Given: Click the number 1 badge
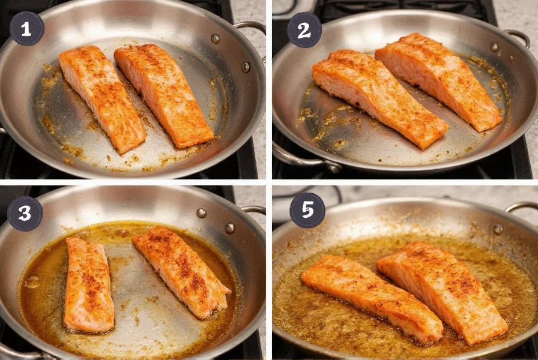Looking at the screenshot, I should pyautogui.click(x=27, y=28).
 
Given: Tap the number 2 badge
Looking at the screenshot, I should pyautogui.click(x=304, y=29).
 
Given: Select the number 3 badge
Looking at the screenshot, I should pyautogui.click(x=25, y=214).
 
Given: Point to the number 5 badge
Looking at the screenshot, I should pyautogui.click(x=307, y=210).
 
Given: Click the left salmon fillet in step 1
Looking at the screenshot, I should pyautogui.click(x=101, y=98).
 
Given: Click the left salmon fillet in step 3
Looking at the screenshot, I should pyautogui.click(x=89, y=285).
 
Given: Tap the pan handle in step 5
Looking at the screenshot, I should pyautogui.click(x=521, y=207).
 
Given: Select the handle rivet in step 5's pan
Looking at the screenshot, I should pyautogui.click(x=497, y=229).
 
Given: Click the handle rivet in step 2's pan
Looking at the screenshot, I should pyautogui.click(x=494, y=47).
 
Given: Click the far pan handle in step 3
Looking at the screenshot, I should pyautogui.click(x=254, y=210).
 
